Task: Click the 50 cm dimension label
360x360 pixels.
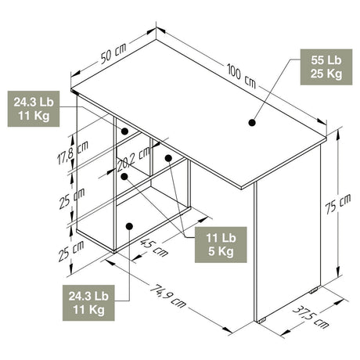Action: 113,53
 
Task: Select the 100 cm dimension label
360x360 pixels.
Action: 241,75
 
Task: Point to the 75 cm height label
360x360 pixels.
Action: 338,204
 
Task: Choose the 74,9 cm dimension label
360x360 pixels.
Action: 168,296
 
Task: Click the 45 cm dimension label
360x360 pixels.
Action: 154,248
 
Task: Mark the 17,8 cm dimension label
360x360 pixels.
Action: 73,153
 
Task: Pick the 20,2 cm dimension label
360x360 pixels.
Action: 134,159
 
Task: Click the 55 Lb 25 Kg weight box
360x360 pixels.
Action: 326,67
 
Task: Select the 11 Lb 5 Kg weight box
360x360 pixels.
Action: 221,245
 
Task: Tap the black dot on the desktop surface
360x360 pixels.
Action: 252,123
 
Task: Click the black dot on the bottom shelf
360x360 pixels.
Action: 129,226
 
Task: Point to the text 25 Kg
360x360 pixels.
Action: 326,74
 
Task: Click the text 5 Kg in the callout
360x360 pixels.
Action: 221,252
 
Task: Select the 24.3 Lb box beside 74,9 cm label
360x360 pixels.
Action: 88,303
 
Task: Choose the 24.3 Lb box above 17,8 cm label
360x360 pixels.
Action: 34,109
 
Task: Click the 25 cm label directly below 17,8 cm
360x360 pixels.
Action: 72,198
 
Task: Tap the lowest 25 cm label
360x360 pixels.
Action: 71,251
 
